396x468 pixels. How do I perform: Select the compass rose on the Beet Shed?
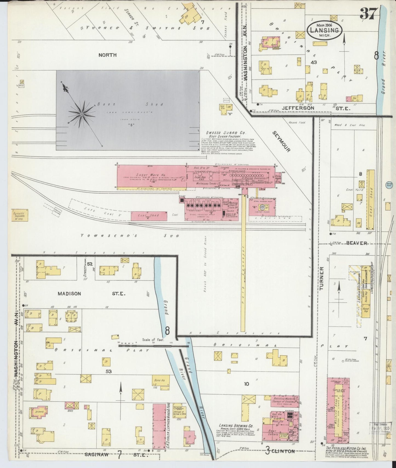[81, 113]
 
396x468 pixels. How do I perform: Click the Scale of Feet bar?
[153, 346]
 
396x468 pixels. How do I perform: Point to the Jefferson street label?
[301, 108]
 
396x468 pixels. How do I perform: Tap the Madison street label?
[69, 294]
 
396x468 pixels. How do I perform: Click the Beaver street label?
[356, 243]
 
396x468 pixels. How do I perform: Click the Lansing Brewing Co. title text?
[236, 426]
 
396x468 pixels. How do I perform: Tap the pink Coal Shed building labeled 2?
[149, 216]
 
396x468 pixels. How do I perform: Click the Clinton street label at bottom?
[283, 451]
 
